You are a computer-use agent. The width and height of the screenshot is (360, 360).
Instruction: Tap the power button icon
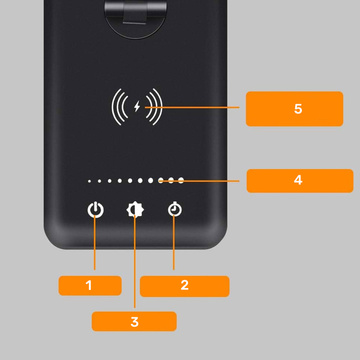95,211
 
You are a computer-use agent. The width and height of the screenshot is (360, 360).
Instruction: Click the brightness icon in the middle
133,211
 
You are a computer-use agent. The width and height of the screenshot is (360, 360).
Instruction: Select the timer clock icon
175,211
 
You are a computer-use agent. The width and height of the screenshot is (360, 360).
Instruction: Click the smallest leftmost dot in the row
89,182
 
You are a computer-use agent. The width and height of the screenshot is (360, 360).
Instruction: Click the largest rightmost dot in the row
181,181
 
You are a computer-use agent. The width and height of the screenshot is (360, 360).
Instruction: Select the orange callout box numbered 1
89,285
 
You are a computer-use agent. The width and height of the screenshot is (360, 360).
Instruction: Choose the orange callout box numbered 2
184,285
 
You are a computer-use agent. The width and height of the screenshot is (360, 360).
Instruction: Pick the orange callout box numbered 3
133,321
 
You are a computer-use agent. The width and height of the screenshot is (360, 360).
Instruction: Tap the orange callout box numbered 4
298,181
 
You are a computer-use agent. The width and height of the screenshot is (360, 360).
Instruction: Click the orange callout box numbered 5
298,108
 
